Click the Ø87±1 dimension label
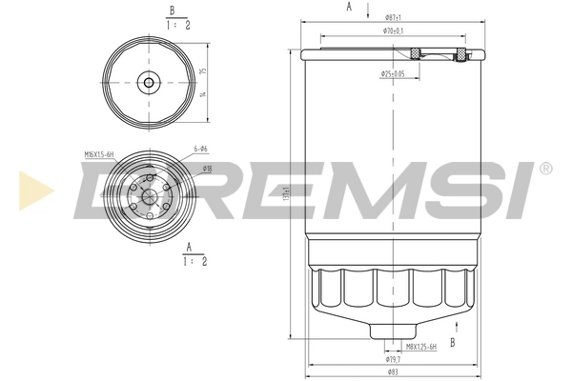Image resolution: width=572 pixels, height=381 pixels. (x=392, y=17)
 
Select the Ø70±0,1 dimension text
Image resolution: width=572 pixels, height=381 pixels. (x=393, y=31)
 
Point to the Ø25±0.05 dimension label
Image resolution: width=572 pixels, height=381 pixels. (x=393, y=73)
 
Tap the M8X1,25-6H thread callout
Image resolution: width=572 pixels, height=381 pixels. (x=420, y=348)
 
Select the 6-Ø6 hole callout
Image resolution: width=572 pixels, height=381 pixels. (x=202, y=150)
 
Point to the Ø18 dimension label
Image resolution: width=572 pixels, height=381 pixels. (x=206, y=169)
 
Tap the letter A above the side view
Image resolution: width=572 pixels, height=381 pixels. (x=349, y=8)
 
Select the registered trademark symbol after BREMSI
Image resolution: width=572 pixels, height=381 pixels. (x=544, y=169)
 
